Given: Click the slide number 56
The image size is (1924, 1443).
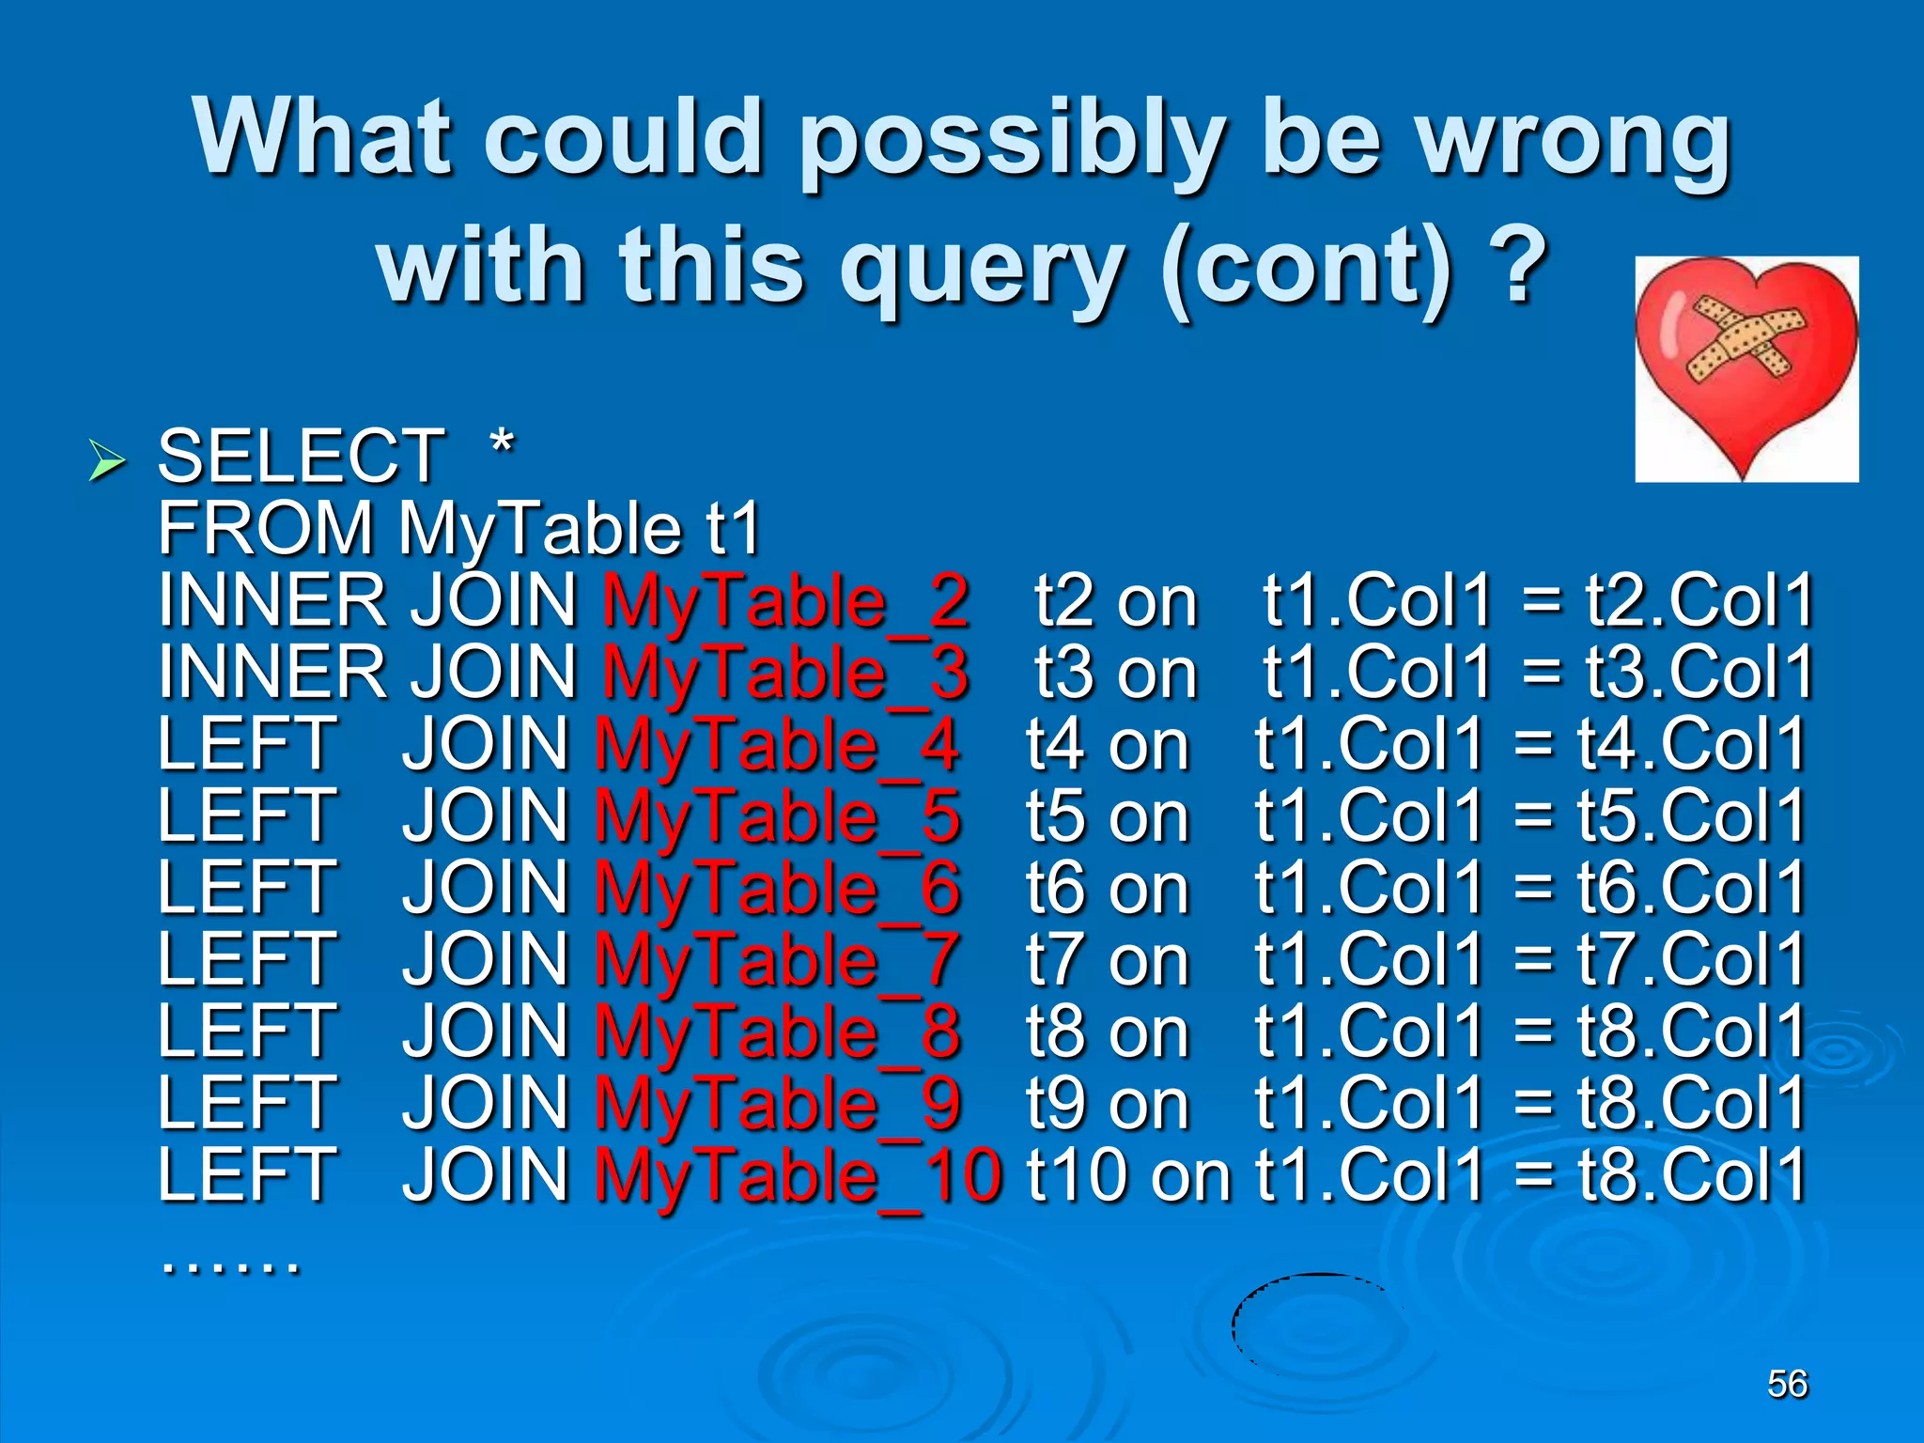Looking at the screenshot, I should (1787, 1384).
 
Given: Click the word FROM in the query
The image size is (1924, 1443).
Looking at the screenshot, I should (265, 528).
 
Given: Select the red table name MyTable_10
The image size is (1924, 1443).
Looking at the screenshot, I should (799, 1176).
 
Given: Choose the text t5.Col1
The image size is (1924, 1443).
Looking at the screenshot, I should (1691, 815).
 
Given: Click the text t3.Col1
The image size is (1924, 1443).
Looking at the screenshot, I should (1699, 673).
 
